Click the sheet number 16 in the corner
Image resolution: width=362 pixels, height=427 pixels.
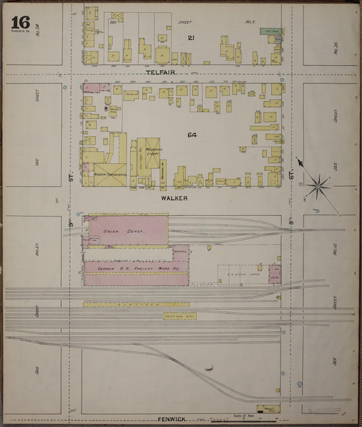20,21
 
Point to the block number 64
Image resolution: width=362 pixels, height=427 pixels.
192,135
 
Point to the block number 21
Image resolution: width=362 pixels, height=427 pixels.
192,37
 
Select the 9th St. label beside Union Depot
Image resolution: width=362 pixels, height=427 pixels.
70,222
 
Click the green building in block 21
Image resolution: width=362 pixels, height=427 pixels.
273,31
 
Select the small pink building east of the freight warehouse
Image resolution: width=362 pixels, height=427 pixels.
275,274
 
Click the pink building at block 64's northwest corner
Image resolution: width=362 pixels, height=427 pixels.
96,88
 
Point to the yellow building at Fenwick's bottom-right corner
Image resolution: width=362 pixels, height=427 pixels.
268,409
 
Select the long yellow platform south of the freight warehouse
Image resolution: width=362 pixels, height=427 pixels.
126,303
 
